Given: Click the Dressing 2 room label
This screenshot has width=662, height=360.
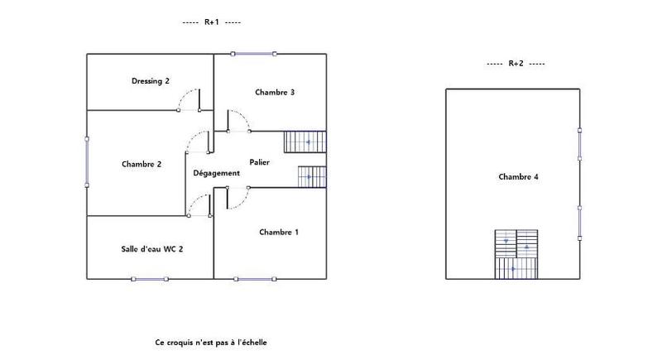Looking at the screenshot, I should coord(151,81).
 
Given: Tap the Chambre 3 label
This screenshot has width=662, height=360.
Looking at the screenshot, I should coord(275,92).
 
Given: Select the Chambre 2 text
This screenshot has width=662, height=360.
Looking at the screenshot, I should coord(142,164).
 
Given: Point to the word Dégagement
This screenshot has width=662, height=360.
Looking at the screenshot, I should coord(216,173).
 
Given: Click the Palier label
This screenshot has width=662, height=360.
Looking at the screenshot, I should coord(260,162).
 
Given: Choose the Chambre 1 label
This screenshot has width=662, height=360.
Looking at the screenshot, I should coord(278,232).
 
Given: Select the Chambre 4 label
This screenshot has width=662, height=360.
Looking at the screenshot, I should coord(519,176).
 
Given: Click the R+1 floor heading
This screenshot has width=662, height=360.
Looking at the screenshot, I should coord(211,23).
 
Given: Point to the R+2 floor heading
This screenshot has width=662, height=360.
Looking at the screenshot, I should coord(516,64).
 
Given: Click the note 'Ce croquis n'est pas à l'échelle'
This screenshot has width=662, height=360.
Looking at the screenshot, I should coord(211,342).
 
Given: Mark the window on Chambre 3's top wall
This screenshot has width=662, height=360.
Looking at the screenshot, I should coord(254,54).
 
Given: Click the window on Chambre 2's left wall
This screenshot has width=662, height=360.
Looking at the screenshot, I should coord(87,162).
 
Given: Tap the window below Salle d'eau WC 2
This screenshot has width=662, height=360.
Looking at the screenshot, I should coord(151,279).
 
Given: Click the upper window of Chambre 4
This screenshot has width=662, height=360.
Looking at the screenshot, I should coord(580,145).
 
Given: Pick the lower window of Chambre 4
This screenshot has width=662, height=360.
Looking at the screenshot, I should coord(580,222).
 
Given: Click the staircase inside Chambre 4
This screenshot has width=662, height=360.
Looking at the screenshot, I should coord(516,254).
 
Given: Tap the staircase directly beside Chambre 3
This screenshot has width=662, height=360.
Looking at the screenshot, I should coord(305,142).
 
